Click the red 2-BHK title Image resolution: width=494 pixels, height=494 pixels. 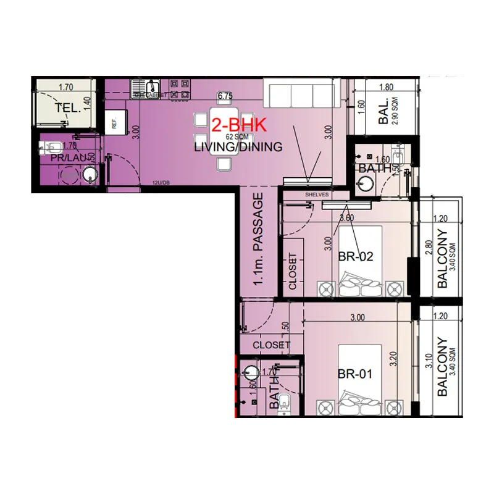238,125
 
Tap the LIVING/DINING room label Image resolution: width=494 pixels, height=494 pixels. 238,147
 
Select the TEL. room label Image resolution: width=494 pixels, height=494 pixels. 67,108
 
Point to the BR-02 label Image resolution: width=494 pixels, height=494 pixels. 356,257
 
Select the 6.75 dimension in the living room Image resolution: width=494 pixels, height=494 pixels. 225,96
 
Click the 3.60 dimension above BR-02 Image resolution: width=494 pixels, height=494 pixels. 346,217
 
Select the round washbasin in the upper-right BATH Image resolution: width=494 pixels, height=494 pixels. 364,183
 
